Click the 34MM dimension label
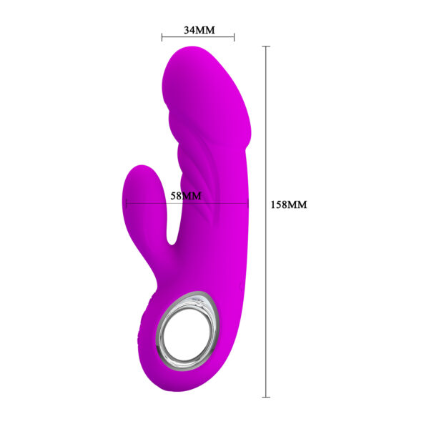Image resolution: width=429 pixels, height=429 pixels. pos(199,30)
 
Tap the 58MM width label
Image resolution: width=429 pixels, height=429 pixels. pos(186,195)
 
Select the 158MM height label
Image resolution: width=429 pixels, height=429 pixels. pos(289,204)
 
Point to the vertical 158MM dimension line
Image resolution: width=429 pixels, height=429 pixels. pos(267,286)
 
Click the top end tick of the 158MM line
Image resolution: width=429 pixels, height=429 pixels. pos(267,46)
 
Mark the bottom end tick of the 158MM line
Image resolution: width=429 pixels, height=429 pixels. pos(267,396)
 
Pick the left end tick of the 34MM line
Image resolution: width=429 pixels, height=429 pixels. pos(162,36)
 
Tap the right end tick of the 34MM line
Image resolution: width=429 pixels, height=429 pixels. pos(234,36)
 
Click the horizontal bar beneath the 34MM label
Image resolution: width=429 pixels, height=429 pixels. pos(198,36)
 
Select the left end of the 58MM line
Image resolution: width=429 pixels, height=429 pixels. pos(126,203)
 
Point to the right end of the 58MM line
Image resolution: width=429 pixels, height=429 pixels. pos(248,203)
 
